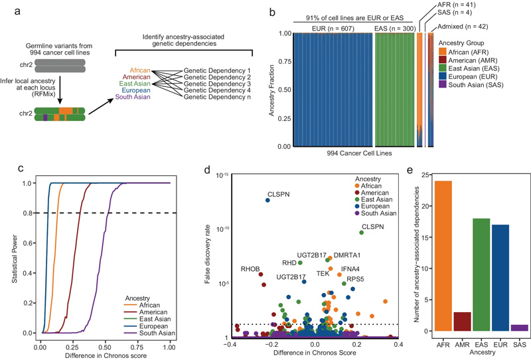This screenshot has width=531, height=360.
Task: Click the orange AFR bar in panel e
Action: coord(440,256)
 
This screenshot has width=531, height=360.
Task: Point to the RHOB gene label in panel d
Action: coord(252,268)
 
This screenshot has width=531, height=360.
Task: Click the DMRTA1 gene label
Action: coord(347,254)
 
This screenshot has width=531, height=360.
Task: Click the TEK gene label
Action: coord(323,273)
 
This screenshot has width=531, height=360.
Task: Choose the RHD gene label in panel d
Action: coord(289,262)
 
